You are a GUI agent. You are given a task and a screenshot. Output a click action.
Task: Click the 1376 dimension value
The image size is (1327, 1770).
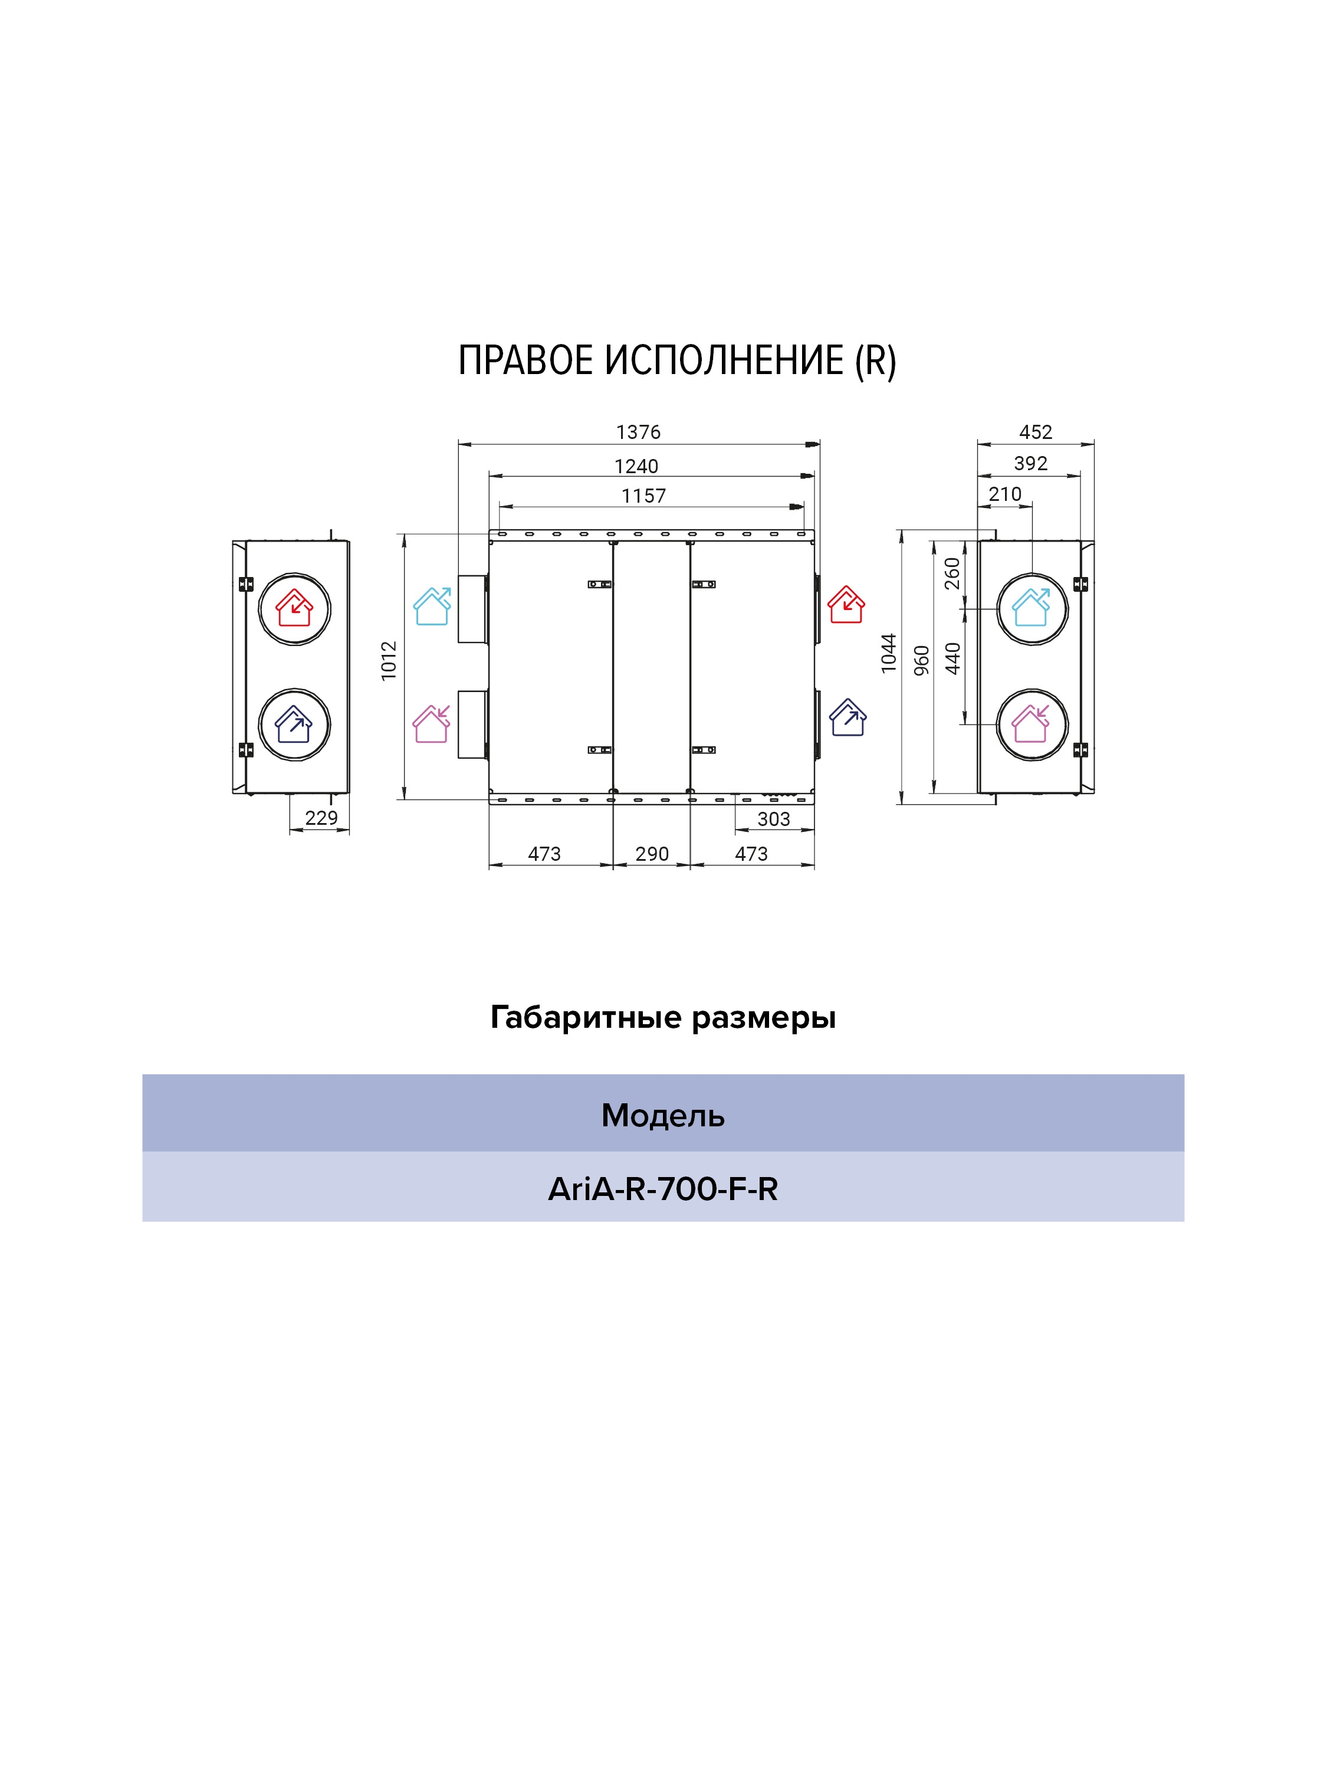click(x=638, y=432)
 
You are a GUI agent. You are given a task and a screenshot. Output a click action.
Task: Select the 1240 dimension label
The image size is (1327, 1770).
click(x=636, y=466)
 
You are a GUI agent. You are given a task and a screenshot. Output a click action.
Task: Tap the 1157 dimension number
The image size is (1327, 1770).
click(x=643, y=496)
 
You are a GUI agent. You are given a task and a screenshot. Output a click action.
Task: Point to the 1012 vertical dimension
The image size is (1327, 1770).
click(x=389, y=661)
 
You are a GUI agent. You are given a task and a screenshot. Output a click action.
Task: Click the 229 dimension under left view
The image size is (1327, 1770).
click(x=321, y=818)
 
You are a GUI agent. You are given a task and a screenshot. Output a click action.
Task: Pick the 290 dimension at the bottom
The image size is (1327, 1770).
click(x=652, y=854)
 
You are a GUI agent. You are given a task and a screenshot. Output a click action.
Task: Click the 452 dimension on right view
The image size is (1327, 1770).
click(x=1035, y=432)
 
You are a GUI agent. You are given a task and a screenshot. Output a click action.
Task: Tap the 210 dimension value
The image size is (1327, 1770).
click(x=1004, y=494)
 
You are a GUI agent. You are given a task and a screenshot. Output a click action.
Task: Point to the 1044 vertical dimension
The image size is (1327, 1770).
click(x=889, y=653)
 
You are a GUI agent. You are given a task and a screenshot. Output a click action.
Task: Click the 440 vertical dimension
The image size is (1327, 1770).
click(x=952, y=658)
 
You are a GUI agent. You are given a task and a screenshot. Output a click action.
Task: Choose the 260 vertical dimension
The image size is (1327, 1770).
click(x=952, y=573)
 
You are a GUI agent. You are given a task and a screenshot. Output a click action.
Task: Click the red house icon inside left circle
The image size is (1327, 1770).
click(x=294, y=608)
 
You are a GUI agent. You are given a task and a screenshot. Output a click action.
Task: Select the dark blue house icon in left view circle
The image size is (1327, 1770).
click(x=294, y=724)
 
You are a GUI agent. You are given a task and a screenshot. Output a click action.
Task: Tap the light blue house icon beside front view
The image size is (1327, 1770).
click(x=432, y=607)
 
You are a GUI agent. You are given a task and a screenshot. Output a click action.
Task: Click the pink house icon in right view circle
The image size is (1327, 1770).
click(x=1031, y=724)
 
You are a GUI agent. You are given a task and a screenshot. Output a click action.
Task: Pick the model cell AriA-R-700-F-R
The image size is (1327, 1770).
click(x=662, y=1189)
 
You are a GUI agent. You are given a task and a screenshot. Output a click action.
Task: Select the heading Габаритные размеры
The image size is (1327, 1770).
click(x=662, y=1018)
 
